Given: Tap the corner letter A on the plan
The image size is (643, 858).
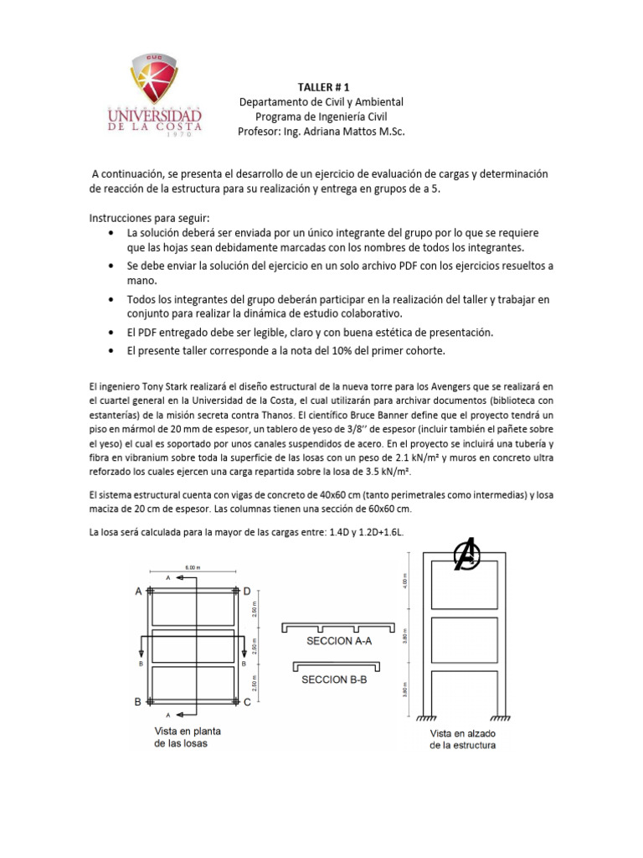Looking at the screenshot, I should click(138, 591).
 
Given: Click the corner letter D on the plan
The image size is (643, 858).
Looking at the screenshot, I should click(247, 591).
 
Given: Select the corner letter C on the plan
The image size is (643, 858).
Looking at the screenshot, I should click(247, 702).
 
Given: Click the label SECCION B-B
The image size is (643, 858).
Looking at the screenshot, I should click(336, 680).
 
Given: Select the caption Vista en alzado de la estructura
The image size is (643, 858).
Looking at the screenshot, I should click(462, 738).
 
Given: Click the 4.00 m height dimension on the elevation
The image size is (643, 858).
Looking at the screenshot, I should click(406, 579).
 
